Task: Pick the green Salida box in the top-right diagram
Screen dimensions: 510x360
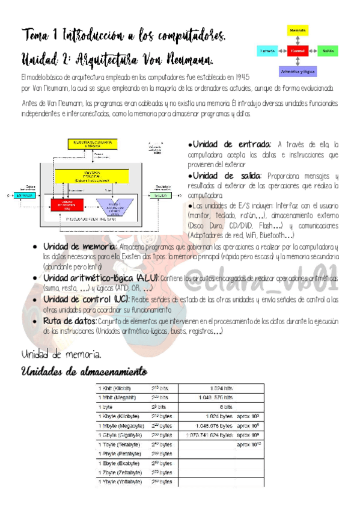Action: [328, 51]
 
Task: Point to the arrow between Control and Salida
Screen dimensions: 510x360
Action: [313, 51]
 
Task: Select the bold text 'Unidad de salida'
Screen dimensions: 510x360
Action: [225, 175]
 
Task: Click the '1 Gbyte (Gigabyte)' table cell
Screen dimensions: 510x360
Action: [121, 434]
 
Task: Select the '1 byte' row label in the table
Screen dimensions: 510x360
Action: [106, 406]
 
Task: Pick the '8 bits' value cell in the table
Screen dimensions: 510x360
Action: [225, 406]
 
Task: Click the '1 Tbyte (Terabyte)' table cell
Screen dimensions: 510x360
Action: [121, 444]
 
